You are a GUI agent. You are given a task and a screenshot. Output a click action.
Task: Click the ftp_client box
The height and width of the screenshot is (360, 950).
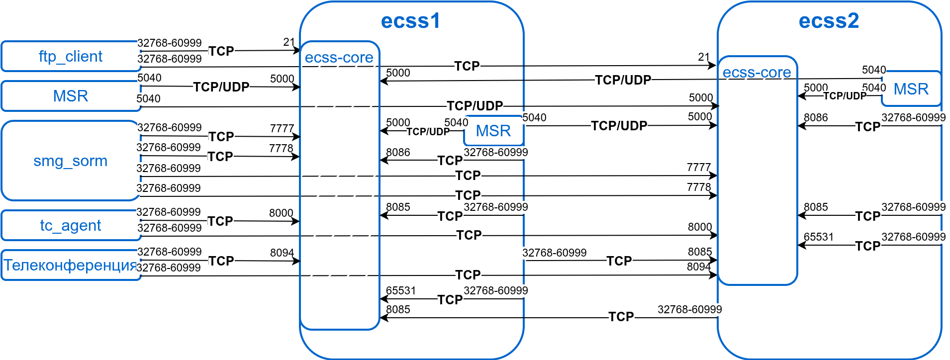[x=70, y=56]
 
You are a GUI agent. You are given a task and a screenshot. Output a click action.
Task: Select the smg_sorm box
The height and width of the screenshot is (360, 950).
[x=70, y=161]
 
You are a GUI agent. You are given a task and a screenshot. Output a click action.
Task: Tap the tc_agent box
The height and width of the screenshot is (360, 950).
[x=70, y=225]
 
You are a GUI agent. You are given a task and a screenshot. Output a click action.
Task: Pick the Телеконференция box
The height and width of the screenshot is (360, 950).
[x=70, y=265]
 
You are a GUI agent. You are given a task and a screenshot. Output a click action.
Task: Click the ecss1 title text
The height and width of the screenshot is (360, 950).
[x=410, y=21]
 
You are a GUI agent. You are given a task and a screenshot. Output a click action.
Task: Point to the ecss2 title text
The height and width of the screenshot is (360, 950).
[x=829, y=21]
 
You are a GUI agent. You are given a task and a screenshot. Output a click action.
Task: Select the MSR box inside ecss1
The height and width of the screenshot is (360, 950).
[x=493, y=131]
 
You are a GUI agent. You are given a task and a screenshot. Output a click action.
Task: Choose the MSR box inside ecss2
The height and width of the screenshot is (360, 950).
[x=911, y=89]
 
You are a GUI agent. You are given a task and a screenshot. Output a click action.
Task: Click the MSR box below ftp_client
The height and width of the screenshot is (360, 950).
[x=70, y=96]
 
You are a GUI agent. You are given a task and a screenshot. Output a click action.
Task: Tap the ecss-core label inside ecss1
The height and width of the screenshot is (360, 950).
[x=339, y=58]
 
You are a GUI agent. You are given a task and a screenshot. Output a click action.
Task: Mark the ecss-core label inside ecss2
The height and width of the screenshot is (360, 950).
[x=757, y=73]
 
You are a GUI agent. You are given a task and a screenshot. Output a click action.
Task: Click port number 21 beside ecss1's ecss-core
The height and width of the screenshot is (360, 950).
[x=289, y=42]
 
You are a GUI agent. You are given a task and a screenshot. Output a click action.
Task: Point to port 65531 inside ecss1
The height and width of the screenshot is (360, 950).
[x=400, y=290]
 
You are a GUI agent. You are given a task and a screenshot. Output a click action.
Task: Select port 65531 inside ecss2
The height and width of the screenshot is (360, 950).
[x=818, y=237]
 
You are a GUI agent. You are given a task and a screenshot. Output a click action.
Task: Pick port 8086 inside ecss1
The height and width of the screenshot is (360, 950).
[x=398, y=152]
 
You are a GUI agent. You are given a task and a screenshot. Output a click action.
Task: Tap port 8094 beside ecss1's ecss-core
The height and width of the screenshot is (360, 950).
[x=282, y=253]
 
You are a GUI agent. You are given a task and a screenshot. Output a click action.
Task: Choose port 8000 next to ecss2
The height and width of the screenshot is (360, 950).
[x=699, y=227]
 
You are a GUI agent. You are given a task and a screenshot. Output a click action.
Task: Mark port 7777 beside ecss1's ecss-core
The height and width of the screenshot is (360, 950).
[x=282, y=128]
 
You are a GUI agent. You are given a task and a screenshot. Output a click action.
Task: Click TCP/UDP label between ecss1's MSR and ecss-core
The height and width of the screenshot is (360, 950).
[x=428, y=132]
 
